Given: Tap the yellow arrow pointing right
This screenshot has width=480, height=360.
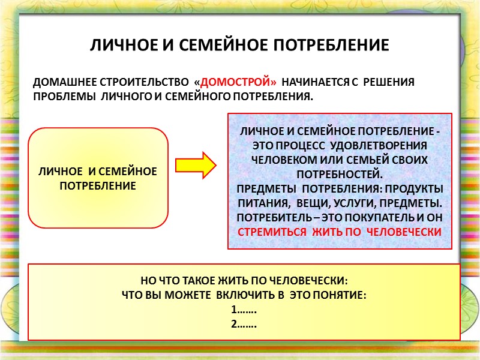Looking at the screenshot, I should point(195,165).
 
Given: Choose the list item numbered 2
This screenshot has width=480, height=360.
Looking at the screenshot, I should point(244,325).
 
